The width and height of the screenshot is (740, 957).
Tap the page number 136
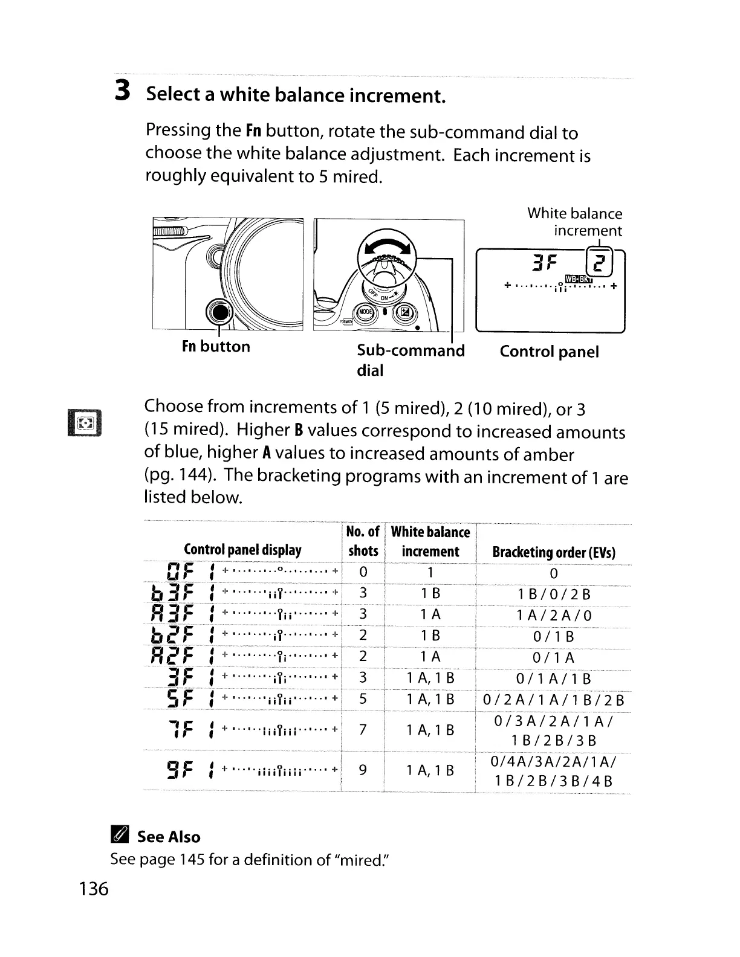(x=93, y=889)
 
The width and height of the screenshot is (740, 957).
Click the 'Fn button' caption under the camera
(x=216, y=347)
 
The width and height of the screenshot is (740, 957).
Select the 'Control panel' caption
(x=549, y=352)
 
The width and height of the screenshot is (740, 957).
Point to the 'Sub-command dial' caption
(x=411, y=360)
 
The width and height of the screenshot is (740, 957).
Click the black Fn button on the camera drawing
(x=219, y=312)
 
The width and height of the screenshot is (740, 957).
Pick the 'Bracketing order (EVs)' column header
(x=554, y=552)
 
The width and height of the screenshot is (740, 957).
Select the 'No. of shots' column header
(x=363, y=541)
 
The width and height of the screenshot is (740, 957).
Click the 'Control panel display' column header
(x=242, y=550)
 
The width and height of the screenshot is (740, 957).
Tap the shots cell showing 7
(x=363, y=730)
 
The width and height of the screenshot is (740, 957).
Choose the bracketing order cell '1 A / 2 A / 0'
(x=554, y=615)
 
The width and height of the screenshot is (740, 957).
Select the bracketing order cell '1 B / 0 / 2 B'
(x=554, y=594)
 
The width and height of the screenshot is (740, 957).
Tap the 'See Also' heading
(x=168, y=837)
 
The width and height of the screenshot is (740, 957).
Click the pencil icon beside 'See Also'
(x=118, y=837)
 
